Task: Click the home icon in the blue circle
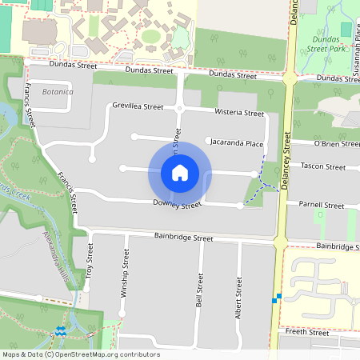tap(180, 172)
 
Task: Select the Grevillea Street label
tap(138, 106)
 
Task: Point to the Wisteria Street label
tap(239, 114)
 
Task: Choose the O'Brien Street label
tap(336, 144)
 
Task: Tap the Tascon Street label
tap(323, 166)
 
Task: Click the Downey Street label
tap(177, 205)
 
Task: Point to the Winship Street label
tap(125, 273)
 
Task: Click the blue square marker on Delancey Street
tap(278, 298)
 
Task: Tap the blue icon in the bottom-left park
tap(61, 330)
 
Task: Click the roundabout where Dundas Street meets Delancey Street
tap(288, 78)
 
